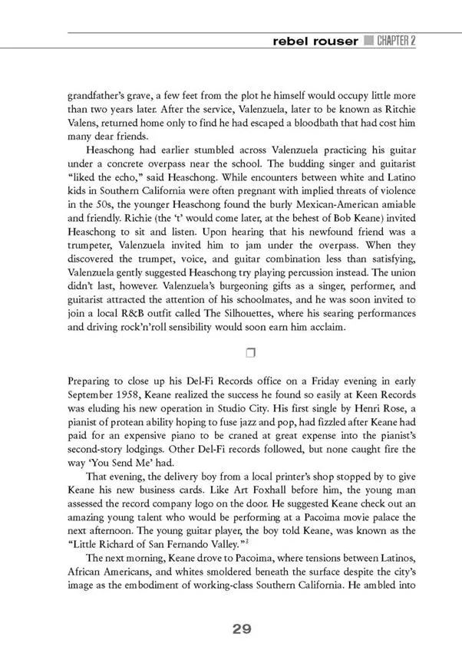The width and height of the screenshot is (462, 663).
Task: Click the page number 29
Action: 242,629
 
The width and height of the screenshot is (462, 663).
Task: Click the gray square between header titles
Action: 368,41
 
